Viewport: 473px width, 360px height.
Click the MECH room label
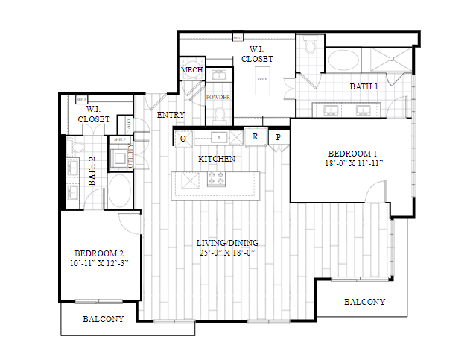(x=191, y=70)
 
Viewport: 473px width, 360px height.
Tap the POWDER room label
(x=218, y=98)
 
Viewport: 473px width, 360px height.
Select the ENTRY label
(x=171, y=115)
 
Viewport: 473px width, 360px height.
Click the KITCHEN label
(x=217, y=159)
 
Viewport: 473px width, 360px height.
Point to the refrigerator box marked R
(x=255, y=137)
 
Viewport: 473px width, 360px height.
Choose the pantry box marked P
(x=279, y=137)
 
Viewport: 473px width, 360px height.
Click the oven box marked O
(x=183, y=138)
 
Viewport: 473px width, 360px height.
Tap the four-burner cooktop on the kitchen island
(x=216, y=179)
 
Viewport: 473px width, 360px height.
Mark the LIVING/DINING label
(x=226, y=243)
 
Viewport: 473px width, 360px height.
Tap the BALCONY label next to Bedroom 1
(x=364, y=302)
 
